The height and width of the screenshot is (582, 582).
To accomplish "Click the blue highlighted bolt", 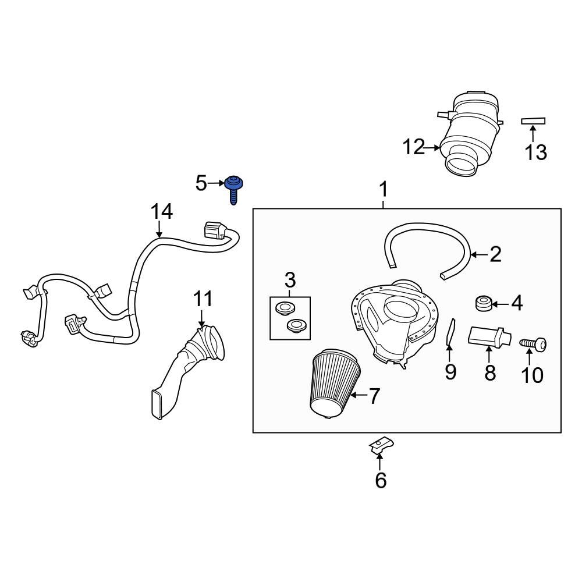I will (234, 187).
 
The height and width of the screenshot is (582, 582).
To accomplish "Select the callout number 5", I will (201, 184).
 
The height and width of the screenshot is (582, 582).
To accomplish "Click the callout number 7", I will (374, 396).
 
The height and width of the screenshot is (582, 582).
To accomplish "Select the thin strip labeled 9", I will (449, 332).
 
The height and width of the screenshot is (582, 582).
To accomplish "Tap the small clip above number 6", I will (378, 446).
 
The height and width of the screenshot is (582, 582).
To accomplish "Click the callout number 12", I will (414, 148).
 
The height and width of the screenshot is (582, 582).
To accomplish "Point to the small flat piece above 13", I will (533, 121).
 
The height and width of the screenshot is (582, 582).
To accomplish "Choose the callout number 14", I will (162, 212).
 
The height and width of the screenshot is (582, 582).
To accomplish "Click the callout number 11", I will (203, 300).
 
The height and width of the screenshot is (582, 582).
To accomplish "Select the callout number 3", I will (290, 280).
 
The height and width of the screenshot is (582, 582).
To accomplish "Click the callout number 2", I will (495, 254).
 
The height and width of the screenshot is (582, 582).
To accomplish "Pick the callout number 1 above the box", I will (384, 190).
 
